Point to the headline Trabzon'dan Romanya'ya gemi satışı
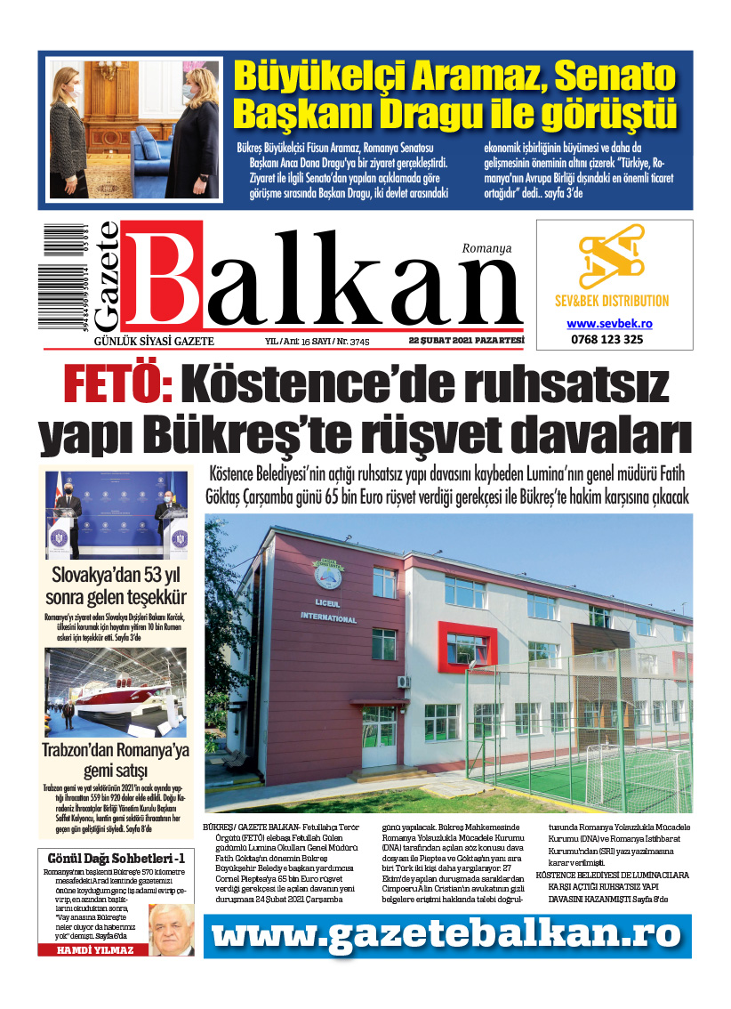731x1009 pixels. pos(116,759)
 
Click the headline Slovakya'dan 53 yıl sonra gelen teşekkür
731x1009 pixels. pos(118,585)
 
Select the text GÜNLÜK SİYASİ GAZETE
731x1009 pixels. pos(154,342)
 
